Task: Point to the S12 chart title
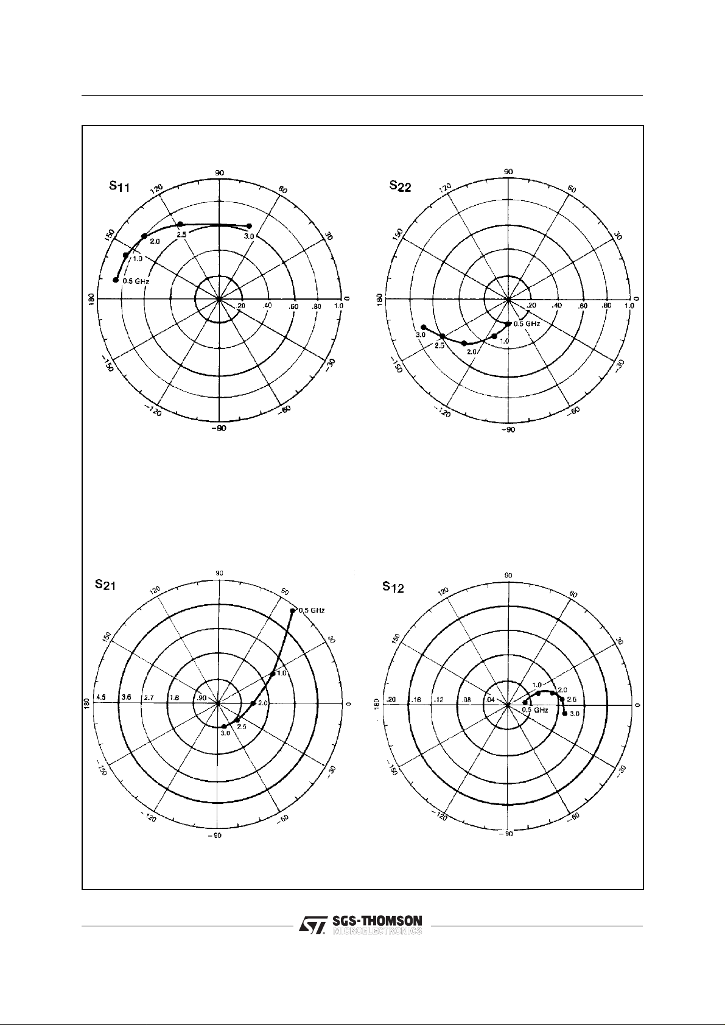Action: tap(393, 588)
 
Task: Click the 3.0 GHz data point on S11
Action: tap(249, 226)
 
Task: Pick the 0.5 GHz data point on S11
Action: tap(115, 280)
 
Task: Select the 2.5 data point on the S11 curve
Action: tap(180, 224)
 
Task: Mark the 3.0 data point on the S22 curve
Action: tap(424, 328)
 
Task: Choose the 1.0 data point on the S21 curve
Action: tap(272, 674)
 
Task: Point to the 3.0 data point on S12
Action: tap(565, 714)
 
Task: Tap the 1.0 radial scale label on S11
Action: tap(339, 306)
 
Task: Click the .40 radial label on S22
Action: tap(556, 306)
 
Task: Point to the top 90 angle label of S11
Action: tap(220, 173)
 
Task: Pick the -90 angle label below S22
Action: tap(508, 430)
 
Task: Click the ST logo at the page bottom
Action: tap(314, 925)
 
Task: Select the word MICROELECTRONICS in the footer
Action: tap(377, 931)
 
